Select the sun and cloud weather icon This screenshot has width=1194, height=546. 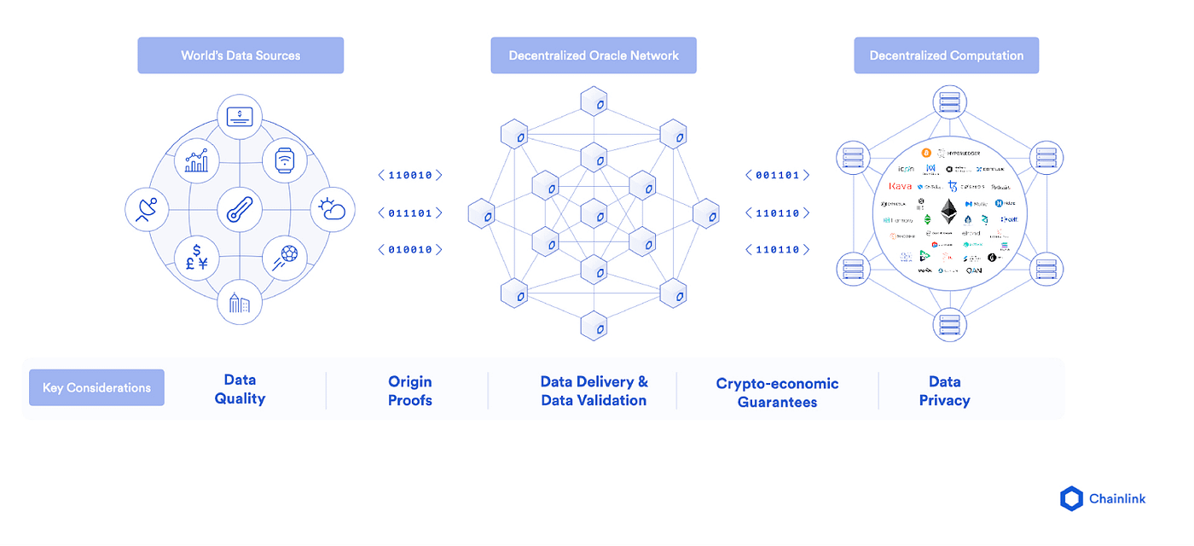[x=331, y=209]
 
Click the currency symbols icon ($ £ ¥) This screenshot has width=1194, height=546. [x=196, y=256]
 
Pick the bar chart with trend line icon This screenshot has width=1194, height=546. [x=196, y=160]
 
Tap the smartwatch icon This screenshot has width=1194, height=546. [x=284, y=160]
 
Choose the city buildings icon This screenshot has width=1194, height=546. [x=239, y=303]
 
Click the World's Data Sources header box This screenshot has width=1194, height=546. [x=241, y=55]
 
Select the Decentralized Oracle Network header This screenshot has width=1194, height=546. [x=594, y=55]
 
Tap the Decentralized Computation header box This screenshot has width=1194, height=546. [x=946, y=55]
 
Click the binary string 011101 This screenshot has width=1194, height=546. [x=410, y=212]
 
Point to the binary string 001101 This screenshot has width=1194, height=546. [x=777, y=175]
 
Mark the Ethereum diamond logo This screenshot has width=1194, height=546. [x=949, y=211]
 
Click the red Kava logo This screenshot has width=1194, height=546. [x=900, y=186]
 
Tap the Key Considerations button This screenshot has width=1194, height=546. [x=96, y=387]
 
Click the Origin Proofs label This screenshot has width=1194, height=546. [x=410, y=391]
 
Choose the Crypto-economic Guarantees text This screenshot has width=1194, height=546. [x=777, y=392]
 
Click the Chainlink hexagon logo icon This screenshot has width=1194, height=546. [x=1070, y=499]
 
